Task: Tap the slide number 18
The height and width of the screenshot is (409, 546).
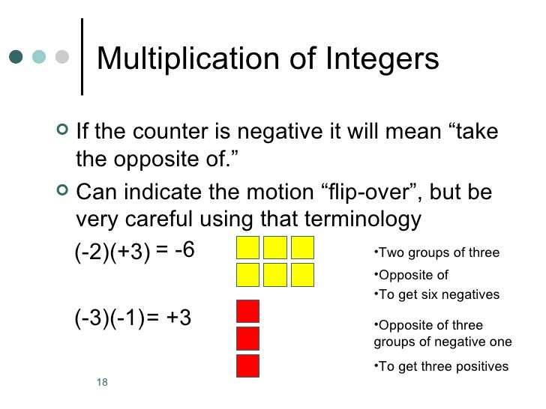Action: click(103, 383)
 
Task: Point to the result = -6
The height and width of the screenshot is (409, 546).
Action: click(174, 249)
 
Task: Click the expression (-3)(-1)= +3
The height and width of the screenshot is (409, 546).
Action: click(133, 318)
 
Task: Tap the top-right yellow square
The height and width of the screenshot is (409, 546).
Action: click(302, 248)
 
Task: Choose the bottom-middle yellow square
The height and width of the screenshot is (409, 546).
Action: click(275, 275)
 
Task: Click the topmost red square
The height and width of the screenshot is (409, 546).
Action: click(248, 311)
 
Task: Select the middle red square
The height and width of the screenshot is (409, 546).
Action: click(248, 339)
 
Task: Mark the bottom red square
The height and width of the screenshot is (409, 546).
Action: click(248, 366)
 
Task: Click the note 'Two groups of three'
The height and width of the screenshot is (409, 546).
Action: click(436, 252)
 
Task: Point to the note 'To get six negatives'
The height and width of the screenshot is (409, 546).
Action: click(436, 295)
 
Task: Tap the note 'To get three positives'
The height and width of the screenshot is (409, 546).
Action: click(440, 366)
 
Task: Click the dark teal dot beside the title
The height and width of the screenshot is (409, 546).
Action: click(15, 58)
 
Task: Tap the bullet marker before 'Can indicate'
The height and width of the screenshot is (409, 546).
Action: click(61, 193)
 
